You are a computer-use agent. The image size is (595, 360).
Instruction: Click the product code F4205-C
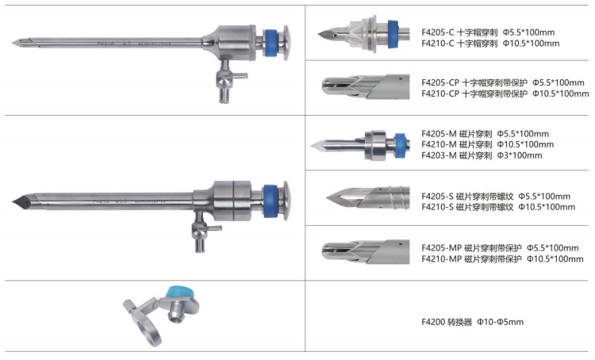click(x=437, y=33)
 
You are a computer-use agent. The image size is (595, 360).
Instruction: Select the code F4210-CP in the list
click(x=440, y=94)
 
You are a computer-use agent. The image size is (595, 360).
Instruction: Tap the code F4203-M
click(x=439, y=155)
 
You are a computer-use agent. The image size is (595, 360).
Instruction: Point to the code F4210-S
click(x=437, y=207)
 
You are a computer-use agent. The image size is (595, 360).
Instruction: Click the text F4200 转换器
click(x=447, y=322)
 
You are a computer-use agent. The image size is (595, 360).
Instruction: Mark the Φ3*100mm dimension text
click(x=520, y=155)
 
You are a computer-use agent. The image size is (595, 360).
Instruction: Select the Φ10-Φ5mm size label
click(x=500, y=322)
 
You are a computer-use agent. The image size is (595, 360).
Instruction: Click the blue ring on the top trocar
click(x=271, y=43)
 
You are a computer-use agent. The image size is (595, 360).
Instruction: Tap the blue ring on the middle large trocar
click(x=271, y=202)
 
